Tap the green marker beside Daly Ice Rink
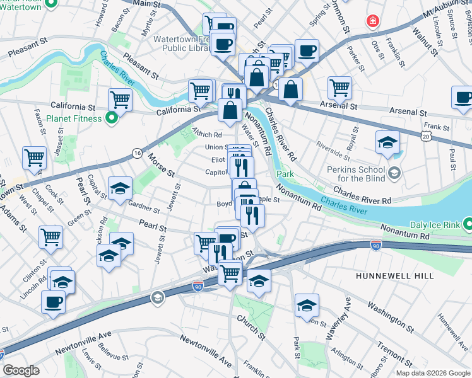click(x=467, y=224)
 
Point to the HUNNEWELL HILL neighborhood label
click(x=392, y=276)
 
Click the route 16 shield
click(x=137, y=153)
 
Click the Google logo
click(x=21, y=370)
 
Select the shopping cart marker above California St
click(x=119, y=99)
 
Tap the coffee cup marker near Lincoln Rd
click(x=53, y=302)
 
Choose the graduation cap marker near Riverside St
click(x=387, y=142)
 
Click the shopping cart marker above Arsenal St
click(x=339, y=88)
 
